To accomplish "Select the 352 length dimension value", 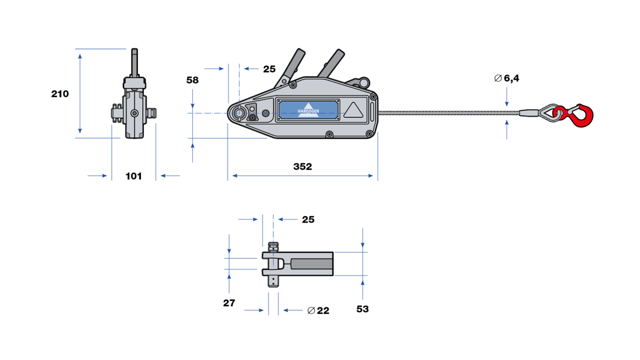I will click(x=302, y=166).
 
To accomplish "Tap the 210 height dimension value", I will click(x=59, y=94).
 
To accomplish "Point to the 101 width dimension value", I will click(x=133, y=176).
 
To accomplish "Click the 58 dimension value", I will click(x=192, y=80).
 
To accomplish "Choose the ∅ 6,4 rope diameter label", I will click(x=507, y=78).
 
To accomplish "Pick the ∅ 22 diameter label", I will click(x=318, y=311).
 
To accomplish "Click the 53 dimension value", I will click(x=362, y=309).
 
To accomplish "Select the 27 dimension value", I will click(x=229, y=303).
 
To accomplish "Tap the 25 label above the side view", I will click(x=269, y=69).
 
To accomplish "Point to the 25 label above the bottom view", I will click(x=308, y=220).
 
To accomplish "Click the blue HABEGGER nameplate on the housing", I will click(x=307, y=109).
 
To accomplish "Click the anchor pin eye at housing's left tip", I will click(x=239, y=113).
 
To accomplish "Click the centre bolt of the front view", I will click(x=134, y=113).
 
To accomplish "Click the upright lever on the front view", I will click(x=135, y=62).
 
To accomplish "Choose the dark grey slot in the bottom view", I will click(x=312, y=264).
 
